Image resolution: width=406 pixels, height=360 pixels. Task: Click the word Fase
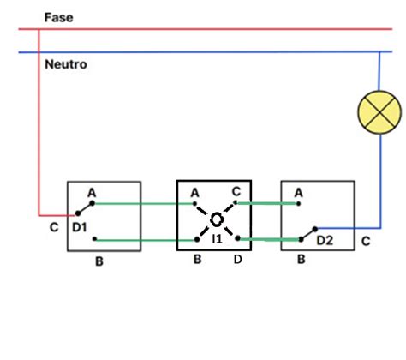point(57,17)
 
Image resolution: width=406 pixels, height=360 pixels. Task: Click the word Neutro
point(64,64)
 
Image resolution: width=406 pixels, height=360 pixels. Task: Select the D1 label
point(80,228)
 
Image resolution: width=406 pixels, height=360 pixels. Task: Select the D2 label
point(324,242)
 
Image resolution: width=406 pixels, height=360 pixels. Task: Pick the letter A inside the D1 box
point(92,195)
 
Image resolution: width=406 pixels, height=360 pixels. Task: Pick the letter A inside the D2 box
point(298,195)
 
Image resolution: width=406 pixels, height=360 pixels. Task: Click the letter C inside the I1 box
point(236,192)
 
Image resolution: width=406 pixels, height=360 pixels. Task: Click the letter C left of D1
point(55,229)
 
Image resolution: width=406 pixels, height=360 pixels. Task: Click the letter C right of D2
point(365,242)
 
